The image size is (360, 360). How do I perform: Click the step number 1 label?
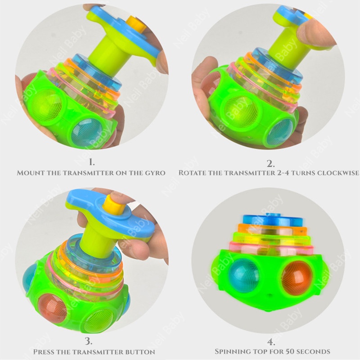[92, 162]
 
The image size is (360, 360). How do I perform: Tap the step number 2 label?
[271, 163]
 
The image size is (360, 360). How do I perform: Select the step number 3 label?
[89, 341]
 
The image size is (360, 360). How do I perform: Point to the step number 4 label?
[271, 342]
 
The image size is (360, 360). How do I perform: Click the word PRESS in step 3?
[44, 352]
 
